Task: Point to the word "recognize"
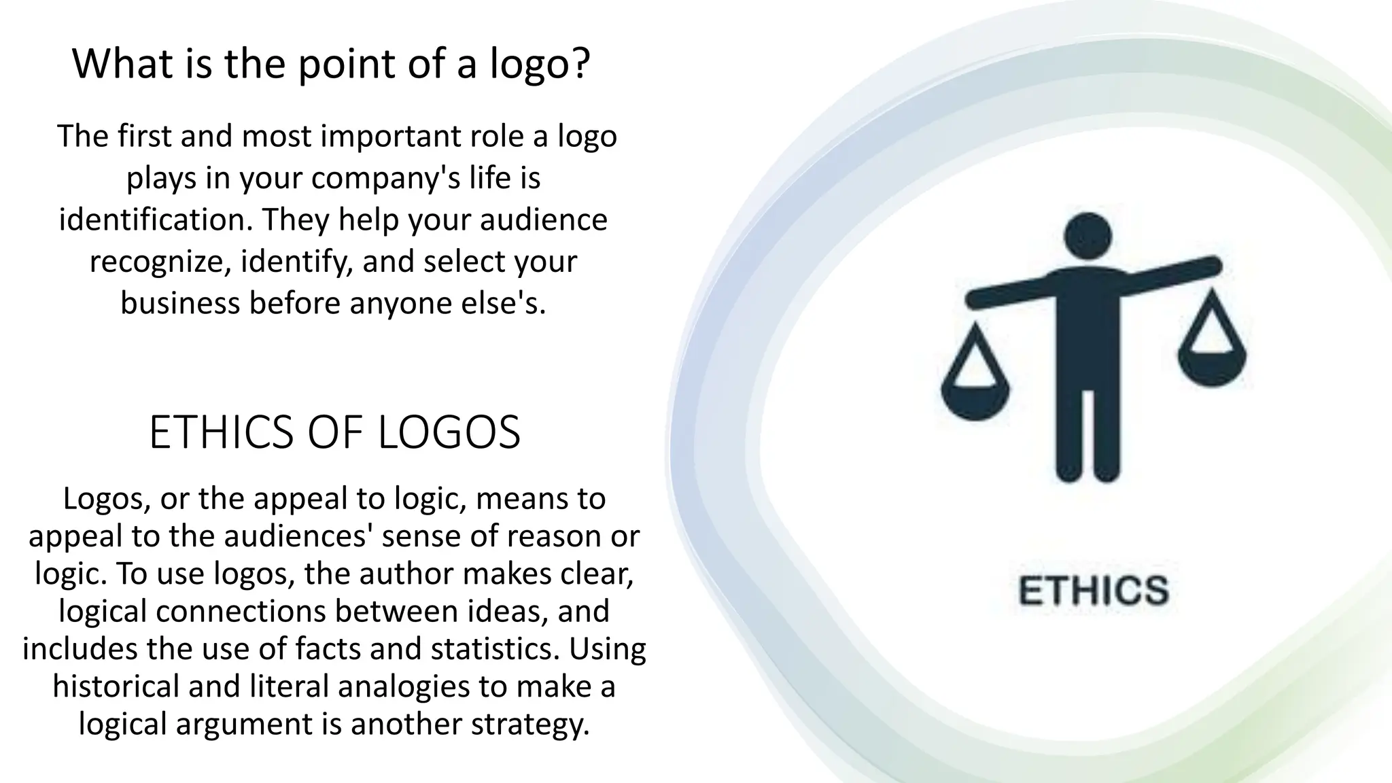(160, 262)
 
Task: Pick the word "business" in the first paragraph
(180, 303)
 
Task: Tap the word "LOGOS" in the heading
(449, 432)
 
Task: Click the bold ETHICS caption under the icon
(1093, 590)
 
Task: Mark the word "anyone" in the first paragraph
(391, 303)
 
